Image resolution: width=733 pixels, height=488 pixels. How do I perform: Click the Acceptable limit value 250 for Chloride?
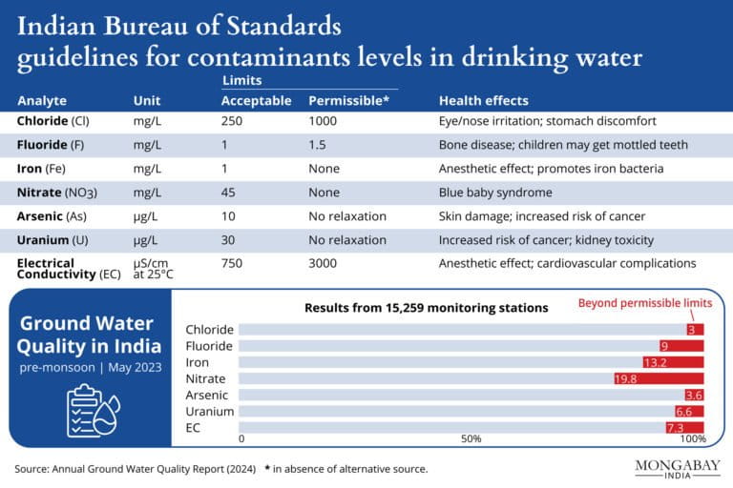233,121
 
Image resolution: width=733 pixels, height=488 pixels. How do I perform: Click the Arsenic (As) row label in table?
52,216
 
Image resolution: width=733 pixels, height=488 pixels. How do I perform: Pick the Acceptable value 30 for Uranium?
229,240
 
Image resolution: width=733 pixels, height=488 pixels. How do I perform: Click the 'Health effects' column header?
483,100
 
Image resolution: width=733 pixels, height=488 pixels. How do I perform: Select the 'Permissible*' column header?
347,100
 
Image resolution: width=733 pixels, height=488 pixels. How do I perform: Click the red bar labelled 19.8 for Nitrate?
659,378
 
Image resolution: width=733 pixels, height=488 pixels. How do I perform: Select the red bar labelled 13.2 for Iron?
673,362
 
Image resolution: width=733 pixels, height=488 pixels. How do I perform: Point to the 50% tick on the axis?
471,438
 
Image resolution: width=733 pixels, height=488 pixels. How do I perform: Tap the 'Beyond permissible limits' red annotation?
645,303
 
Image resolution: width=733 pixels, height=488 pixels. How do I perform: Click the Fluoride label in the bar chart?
210,346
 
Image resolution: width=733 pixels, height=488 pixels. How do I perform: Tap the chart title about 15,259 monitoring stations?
426,308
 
